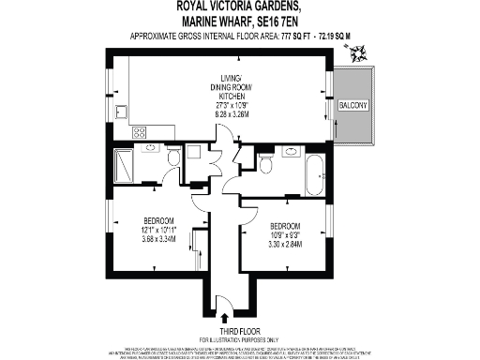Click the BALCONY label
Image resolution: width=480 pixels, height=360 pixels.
(x=352, y=106)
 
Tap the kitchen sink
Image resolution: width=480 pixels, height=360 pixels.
(x=122, y=112)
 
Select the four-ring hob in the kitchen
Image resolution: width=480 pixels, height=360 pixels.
(x=140, y=132)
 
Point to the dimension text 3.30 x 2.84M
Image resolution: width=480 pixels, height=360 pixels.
(x=285, y=244)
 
